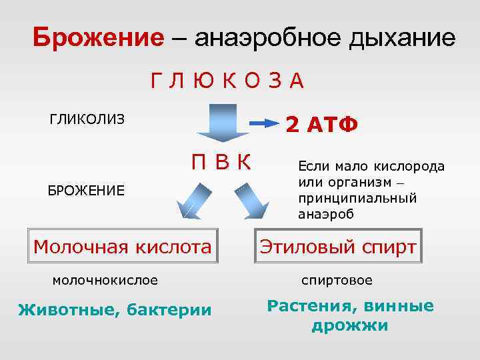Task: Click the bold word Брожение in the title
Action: pyautogui.click(x=98, y=37)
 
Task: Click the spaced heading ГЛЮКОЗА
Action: pyautogui.click(x=227, y=81)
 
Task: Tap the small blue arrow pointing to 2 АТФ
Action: pyautogui.click(x=263, y=123)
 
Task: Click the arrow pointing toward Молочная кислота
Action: pyautogui.click(x=192, y=201)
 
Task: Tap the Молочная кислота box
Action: pyautogui.click(x=122, y=247)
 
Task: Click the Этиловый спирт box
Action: pyautogui.click(x=338, y=247)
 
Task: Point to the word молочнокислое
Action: pyautogui.click(x=105, y=280)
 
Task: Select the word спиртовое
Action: pyautogui.click(x=337, y=280)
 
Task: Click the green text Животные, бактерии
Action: pyautogui.click(x=114, y=310)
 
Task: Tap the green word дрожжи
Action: pyautogui.click(x=350, y=326)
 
